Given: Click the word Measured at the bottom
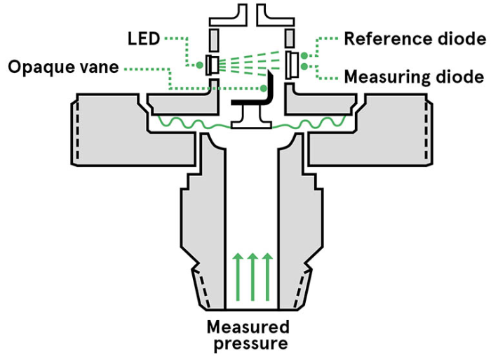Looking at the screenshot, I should pos(247,327).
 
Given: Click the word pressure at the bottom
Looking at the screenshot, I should pos(247,344).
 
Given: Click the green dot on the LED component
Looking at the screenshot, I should pos(200,65).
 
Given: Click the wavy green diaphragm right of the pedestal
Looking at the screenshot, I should pos(309,124).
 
